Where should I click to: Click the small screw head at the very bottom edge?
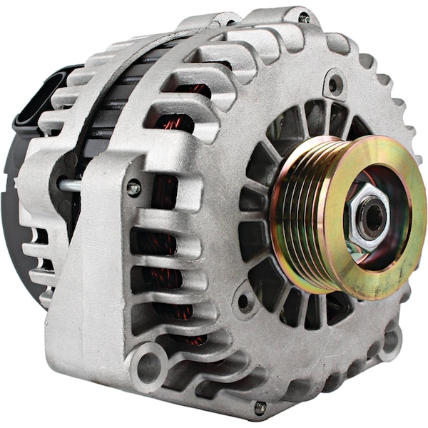tap(260, 407)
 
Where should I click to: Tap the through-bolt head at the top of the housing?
tap(305, 18)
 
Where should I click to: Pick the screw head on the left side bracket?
tap(133, 189)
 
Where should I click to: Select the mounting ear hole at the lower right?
tap(391, 341)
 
